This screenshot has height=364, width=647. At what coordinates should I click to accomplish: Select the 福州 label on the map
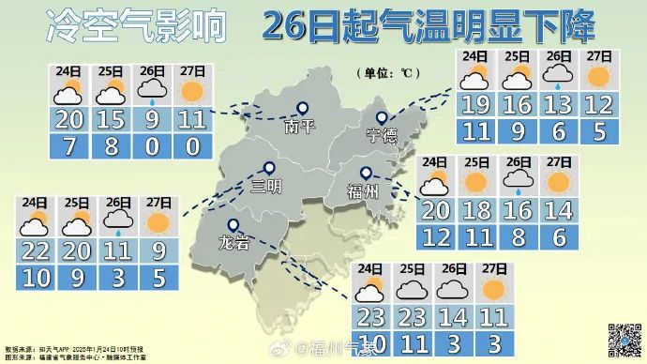click(363, 192)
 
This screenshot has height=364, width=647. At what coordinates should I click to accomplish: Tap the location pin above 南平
click(303, 109)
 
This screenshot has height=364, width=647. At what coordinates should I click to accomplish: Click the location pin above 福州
click(367, 174)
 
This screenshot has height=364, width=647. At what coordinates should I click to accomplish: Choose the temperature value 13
click(559, 103)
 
